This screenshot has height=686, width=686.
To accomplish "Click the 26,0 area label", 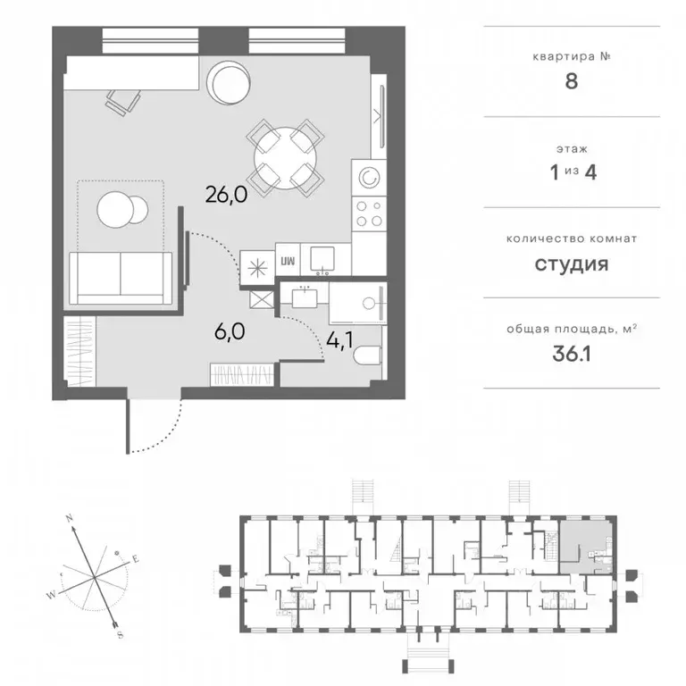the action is (x=226, y=195).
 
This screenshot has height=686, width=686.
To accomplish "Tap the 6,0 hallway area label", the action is (x=230, y=332).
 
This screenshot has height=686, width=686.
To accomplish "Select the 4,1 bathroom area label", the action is (x=339, y=340).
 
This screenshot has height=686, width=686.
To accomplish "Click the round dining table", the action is (x=285, y=158).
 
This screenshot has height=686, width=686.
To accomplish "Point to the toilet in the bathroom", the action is (x=368, y=356).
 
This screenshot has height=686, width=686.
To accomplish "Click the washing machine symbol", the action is (x=369, y=177).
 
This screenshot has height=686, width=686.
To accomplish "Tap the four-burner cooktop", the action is (x=369, y=214).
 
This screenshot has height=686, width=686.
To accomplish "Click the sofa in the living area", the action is (x=121, y=279).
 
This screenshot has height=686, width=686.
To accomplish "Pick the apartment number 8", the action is (x=572, y=81).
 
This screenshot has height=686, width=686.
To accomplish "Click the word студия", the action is (x=572, y=264).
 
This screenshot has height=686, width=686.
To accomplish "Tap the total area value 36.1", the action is (x=572, y=354).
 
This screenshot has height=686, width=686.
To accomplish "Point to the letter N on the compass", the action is (x=69, y=519).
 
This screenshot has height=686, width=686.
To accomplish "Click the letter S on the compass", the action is (x=121, y=635).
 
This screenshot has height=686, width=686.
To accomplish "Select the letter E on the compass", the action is (x=136, y=558).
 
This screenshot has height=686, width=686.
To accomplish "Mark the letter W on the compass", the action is (x=52, y=595).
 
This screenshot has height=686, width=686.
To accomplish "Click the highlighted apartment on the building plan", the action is (x=586, y=547).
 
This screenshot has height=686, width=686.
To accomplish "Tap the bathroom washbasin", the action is (x=305, y=297).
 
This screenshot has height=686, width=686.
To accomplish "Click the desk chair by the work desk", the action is (x=123, y=102).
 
